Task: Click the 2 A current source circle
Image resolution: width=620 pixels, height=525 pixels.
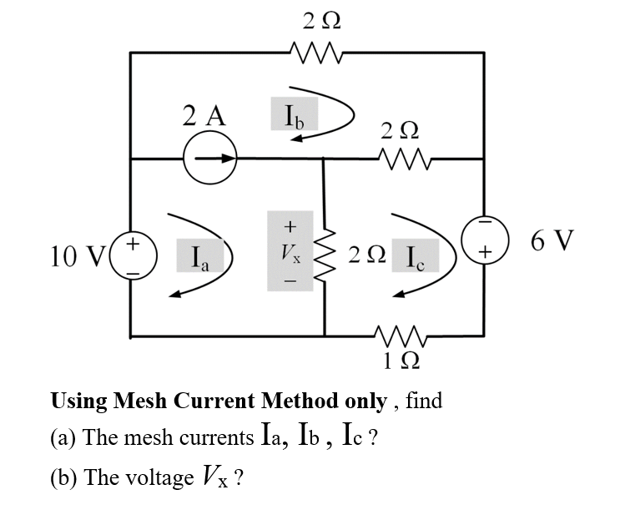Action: click(x=211, y=159)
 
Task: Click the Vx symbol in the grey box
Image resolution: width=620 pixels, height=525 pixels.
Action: click(x=290, y=252)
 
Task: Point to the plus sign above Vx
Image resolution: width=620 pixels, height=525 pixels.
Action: click(x=290, y=225)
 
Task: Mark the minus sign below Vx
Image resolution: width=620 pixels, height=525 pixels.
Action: click(x=290, y=280)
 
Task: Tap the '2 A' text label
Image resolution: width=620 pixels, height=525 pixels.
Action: click(x=204, y=117)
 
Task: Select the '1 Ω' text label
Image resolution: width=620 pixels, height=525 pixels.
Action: click(x=401, y=361)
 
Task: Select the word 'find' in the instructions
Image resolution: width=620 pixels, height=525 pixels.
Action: click(x=423, y=401)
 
